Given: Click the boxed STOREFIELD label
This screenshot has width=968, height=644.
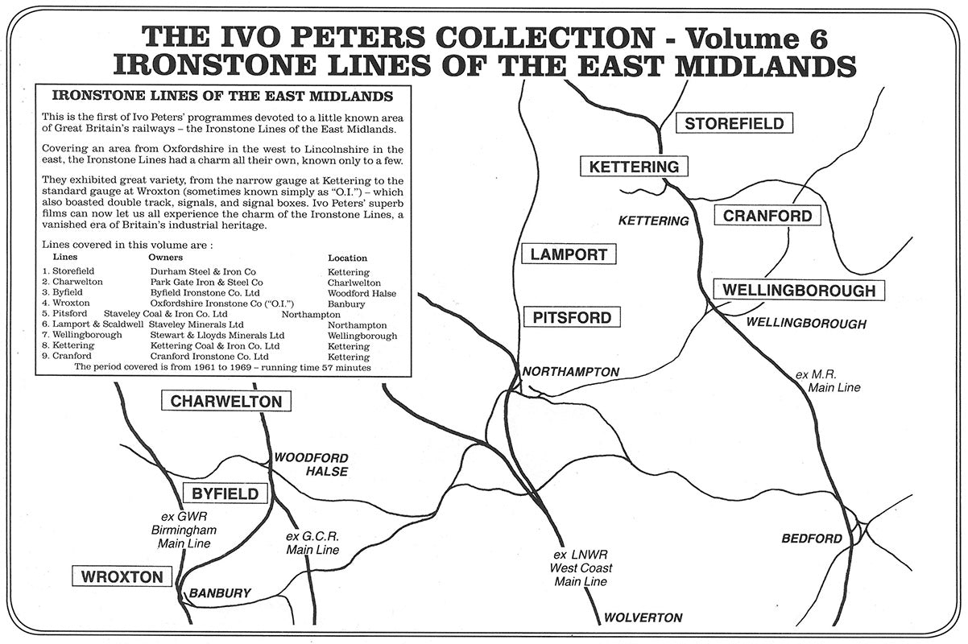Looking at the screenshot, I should click(734, 123).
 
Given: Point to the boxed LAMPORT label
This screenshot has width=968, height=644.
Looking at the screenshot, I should click(569, 254).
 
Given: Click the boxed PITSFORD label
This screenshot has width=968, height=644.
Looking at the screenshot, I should click(572, 317).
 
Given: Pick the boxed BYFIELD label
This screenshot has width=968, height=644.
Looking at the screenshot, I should click(225, 493).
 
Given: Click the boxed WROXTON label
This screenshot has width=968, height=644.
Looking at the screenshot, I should click(122, 576).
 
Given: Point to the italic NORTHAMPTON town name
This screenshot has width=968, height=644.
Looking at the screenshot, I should click(571, 372).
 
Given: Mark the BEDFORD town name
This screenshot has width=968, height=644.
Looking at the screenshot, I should click(812, 539).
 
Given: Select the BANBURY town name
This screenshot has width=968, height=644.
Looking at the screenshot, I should click(220, 594).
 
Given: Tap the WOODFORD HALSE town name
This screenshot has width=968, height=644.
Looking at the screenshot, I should click(312, 464).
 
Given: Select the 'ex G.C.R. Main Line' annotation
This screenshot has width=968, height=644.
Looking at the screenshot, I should click(312, 543).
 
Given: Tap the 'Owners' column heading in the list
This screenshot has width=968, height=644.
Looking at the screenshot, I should click(166, 257).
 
